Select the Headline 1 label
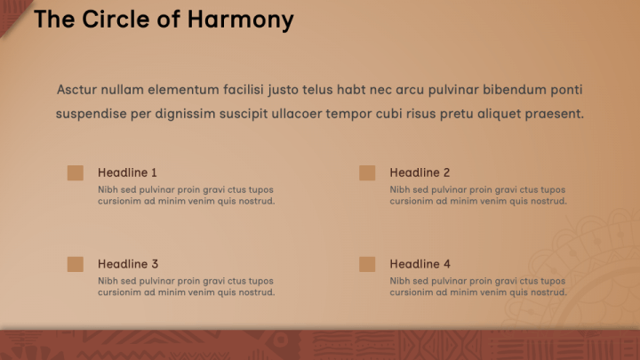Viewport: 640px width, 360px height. (x=127, y=172)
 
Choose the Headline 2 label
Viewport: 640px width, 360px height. (x=420, y=172)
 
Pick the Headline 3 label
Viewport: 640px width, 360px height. (x=128, y=264)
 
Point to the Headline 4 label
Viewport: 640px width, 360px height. (x=420, y=264)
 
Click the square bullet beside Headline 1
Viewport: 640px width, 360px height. (x=76, y=172)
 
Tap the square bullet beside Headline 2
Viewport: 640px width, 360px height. (x=367, y=172)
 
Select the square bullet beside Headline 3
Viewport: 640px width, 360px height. (x=76, y=264)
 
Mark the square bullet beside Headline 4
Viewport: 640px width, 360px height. (x=367, y=264)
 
